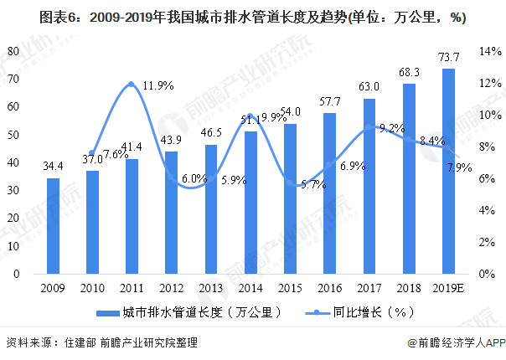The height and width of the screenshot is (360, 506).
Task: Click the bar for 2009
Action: point(53,226)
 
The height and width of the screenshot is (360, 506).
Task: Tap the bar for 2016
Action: point(330,193)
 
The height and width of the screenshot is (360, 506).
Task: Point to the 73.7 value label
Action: point(449,57)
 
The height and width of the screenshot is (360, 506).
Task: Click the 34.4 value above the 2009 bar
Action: point(53,167)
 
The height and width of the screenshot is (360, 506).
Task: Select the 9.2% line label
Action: point(393,128)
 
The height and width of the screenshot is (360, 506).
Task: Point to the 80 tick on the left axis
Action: point(13,51)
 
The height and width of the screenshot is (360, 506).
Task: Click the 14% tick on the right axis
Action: point(489,51)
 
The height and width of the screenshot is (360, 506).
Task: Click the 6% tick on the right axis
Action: point(489,178)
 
